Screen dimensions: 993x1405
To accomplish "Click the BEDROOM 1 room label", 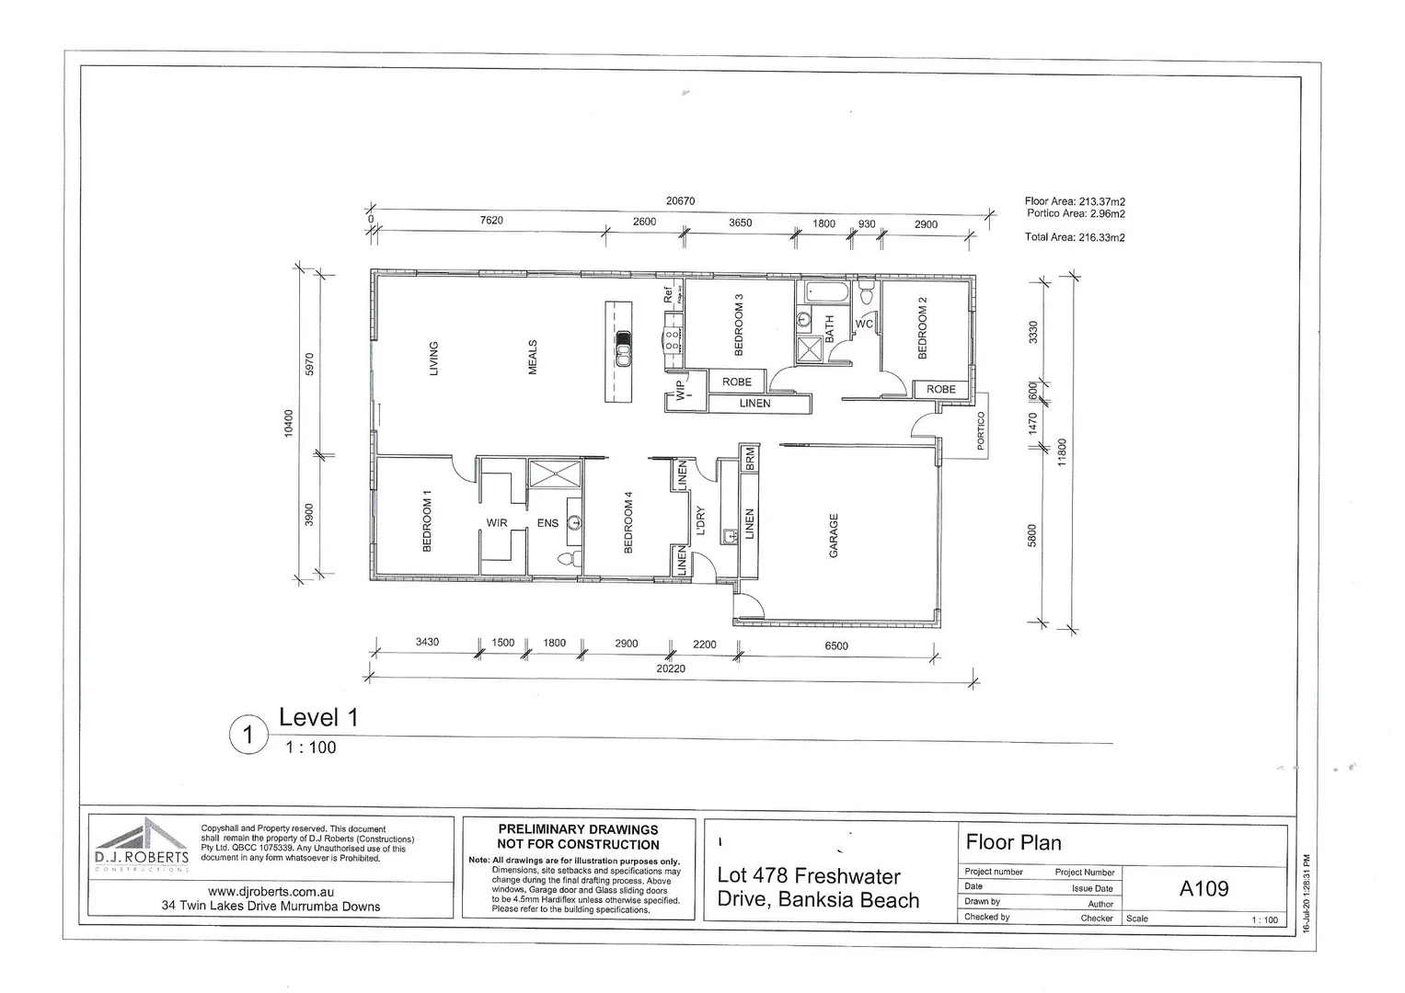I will point(427,521).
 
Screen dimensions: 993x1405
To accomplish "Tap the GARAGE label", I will point(834,535).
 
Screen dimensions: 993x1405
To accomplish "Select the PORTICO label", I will point(981,429).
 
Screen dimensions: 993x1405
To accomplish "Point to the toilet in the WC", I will point(866,295).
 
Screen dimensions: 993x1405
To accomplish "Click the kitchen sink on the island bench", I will point(623,348).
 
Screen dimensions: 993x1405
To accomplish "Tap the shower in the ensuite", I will point(554,474).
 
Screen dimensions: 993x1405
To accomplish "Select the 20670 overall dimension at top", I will point(680,200).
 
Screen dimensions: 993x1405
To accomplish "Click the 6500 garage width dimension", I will point(835,645).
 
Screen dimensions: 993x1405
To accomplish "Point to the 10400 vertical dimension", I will point(289,423).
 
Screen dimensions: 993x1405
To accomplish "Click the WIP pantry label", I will point(681,390).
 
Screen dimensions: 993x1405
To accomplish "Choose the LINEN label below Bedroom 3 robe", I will point(754,404).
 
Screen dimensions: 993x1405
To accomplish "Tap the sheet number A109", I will point(1203,888).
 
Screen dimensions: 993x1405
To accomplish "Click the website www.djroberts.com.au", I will point(270,891).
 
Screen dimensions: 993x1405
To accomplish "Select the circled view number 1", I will point(247,736).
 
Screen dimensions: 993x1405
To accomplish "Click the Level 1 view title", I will point(318,717).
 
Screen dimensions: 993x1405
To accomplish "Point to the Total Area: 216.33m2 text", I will point(1075,237).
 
